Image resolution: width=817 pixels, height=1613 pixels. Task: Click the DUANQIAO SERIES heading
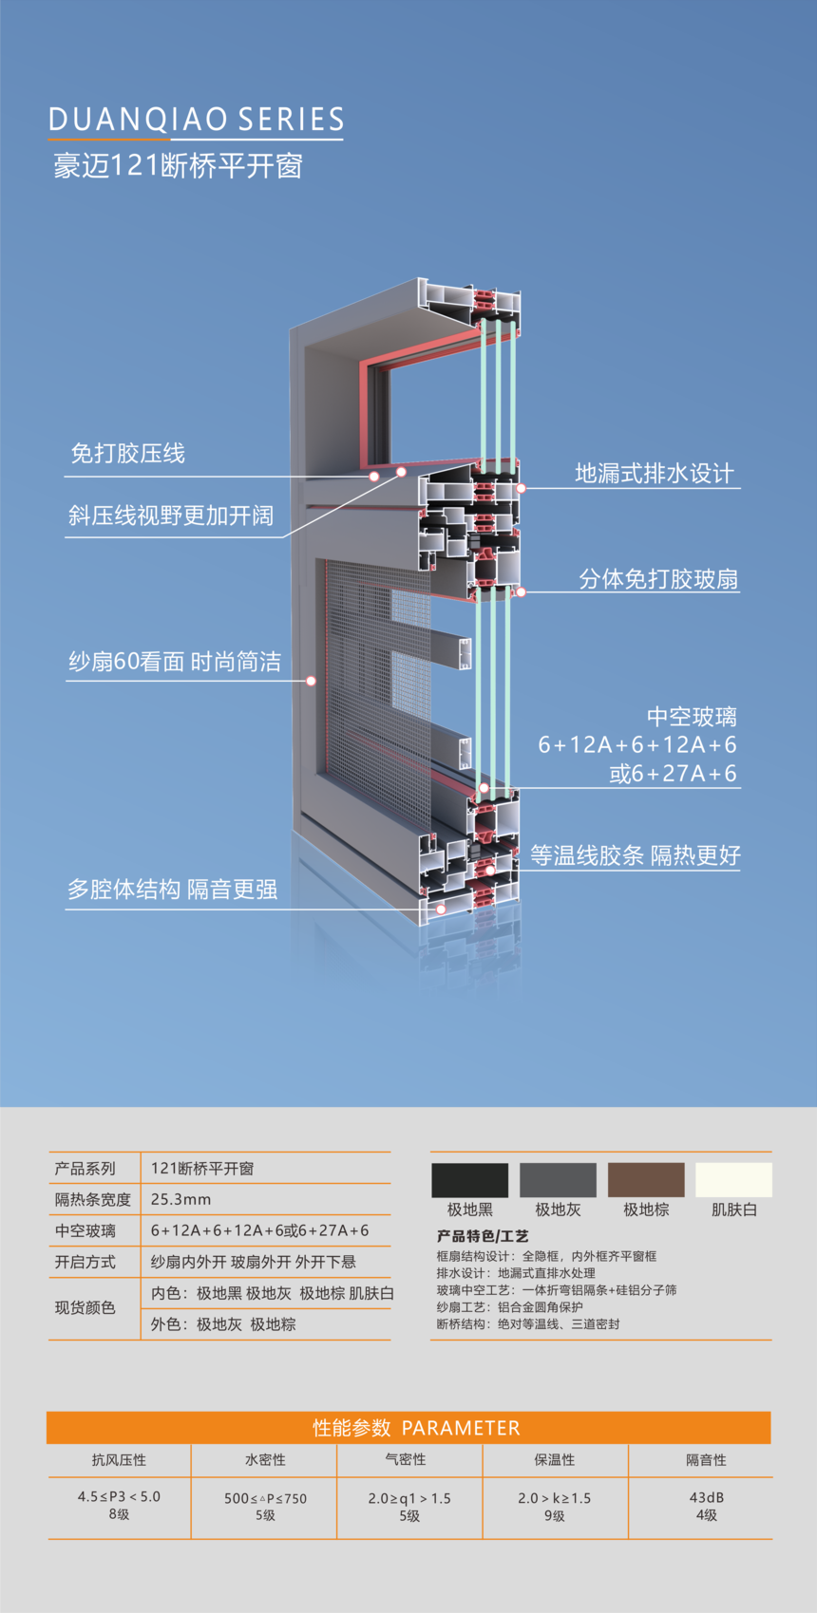pos(196,120)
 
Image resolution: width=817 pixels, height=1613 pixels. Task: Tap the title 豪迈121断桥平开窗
pos(178,165)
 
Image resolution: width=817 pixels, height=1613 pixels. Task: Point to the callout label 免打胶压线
pos(127,453)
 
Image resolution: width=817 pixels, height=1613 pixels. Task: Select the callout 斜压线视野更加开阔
pos(171,516)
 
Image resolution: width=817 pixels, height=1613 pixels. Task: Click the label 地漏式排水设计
pos(655,473)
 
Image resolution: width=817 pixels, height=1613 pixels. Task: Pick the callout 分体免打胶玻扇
pos(658,579)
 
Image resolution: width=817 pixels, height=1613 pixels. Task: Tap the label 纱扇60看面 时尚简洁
pos(175,661)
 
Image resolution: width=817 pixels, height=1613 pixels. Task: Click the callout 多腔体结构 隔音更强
pos(172,890)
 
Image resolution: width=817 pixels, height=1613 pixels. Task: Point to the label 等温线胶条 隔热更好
pos(636,854)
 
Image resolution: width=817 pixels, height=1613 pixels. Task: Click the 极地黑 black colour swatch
pos(469,1180)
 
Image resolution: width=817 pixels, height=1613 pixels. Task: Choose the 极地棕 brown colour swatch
pos(646,1180)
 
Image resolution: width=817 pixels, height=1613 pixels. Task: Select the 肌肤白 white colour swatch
pos(734,1180)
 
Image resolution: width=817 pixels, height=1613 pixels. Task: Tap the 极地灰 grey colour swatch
pos(559,1180)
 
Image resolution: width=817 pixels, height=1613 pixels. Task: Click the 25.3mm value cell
pos(180,1199)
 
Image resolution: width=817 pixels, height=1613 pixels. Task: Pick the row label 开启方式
pos(85,1262)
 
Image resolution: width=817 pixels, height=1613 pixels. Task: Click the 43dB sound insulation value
pos(706,1497)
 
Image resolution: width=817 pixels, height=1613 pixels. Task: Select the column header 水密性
pos(265,1459)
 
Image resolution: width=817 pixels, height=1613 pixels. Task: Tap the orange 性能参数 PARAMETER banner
pos(408,1427)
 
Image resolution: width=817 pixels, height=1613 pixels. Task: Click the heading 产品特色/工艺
pos(483,1236)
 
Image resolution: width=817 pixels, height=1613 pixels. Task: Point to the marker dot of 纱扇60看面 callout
pos(312,681)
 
